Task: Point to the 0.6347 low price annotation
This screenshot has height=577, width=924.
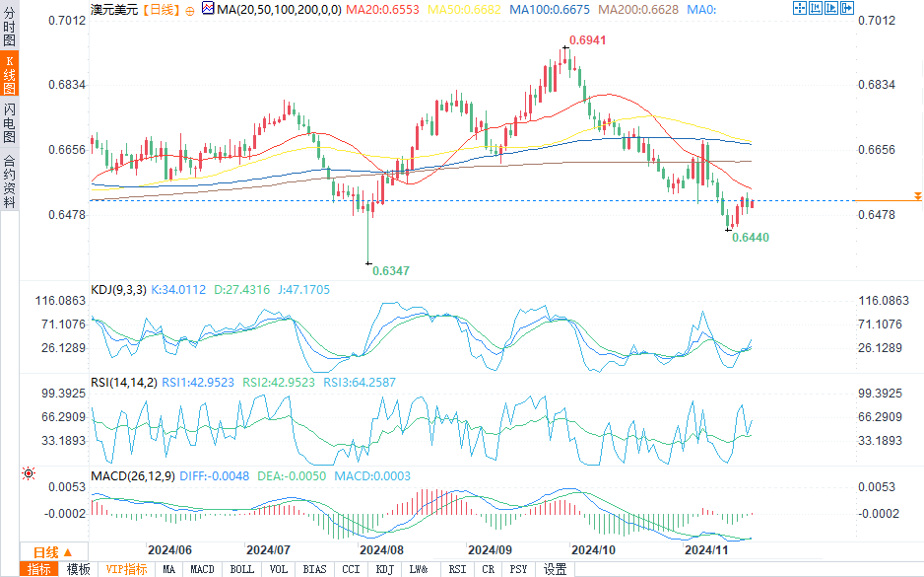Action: (x=391, y=270)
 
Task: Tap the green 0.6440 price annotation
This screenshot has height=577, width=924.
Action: (x=751, y=238)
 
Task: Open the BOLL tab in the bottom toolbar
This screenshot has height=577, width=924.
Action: (x=241, y=569)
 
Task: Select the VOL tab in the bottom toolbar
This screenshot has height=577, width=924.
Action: (x=279, y=569)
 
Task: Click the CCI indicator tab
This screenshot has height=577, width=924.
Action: (x=350, y=569)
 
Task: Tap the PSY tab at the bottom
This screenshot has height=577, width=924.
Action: (x=518, y=569)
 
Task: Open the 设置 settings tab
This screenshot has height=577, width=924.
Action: (x=556, y=569)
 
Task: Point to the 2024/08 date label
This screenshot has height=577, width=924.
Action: (x=381, y=549)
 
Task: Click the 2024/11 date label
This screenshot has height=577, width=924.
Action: (x=705, y=549)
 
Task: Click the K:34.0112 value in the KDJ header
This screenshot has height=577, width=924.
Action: (x=179, y=289)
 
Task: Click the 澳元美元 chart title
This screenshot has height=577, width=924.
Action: (x=113, y=9)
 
